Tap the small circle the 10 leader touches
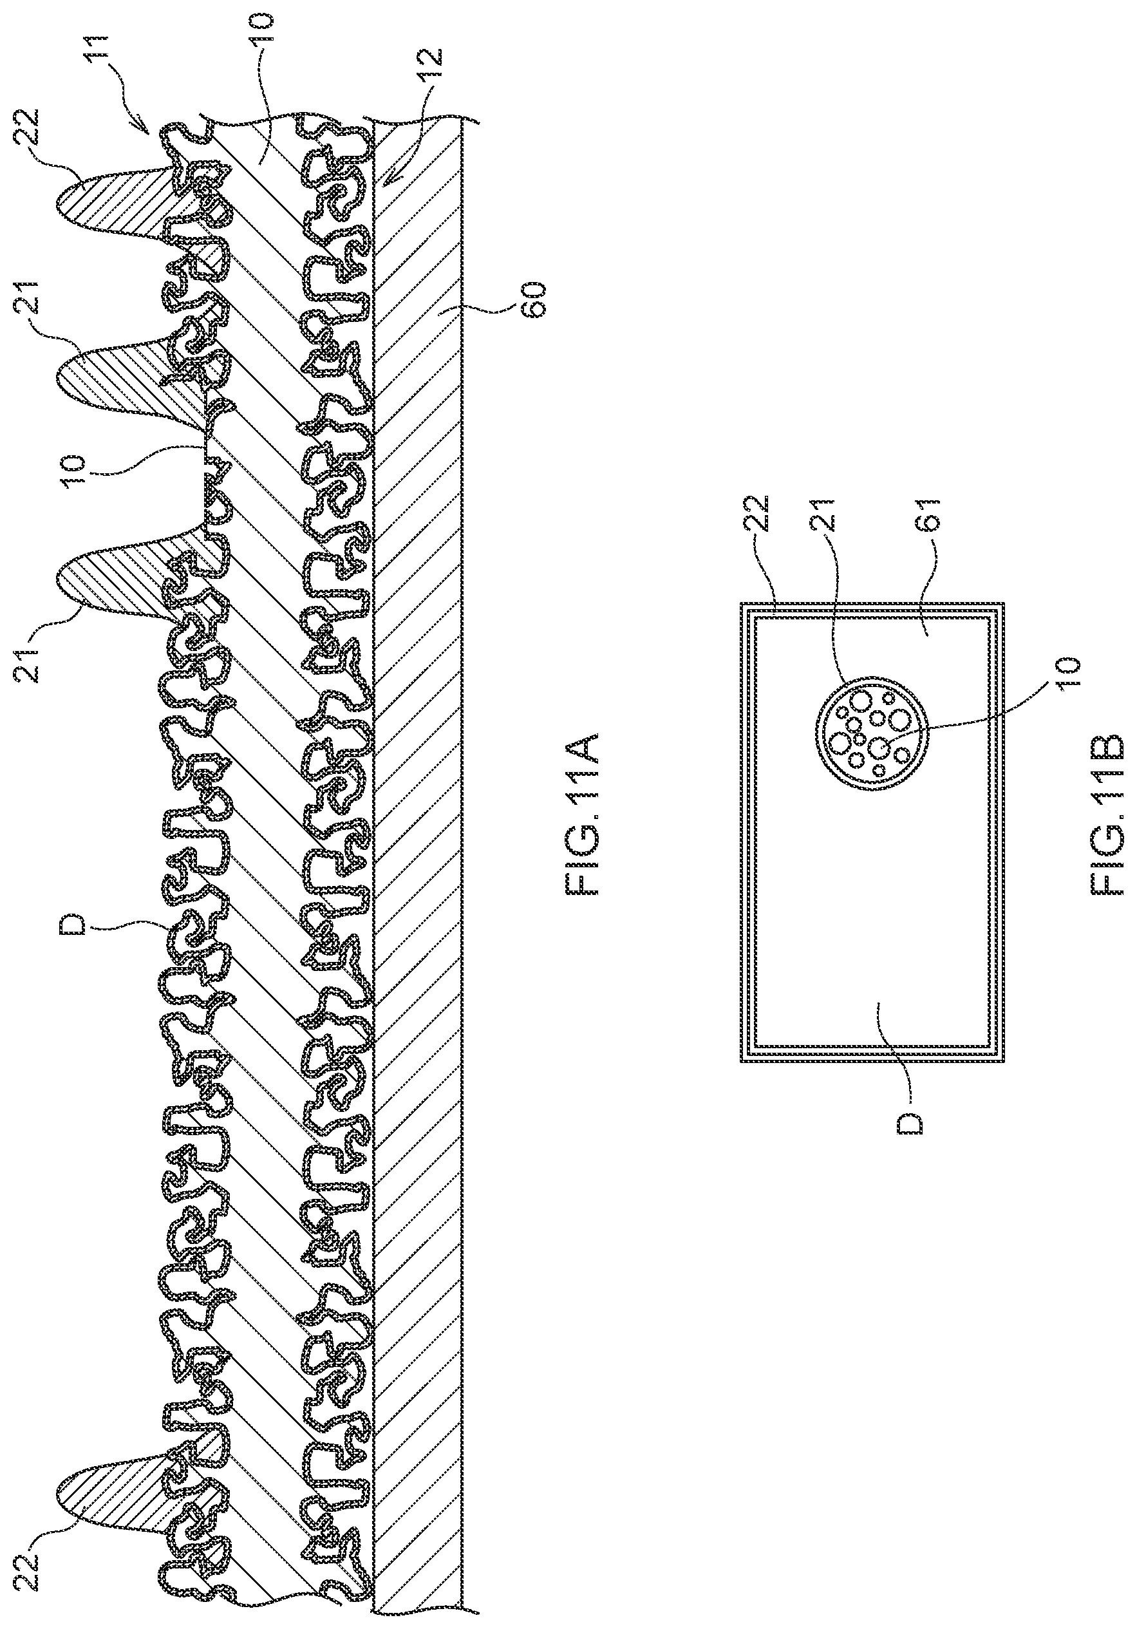879,746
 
